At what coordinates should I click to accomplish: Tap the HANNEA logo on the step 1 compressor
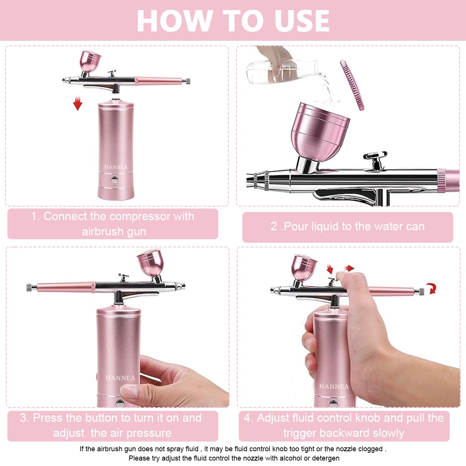(116, 167)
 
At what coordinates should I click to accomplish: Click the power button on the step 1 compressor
(115, 180)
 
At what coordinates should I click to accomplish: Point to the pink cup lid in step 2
(352, 85)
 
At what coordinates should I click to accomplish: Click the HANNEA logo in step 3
(120, 378)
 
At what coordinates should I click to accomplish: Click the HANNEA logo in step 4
(334, 386)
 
